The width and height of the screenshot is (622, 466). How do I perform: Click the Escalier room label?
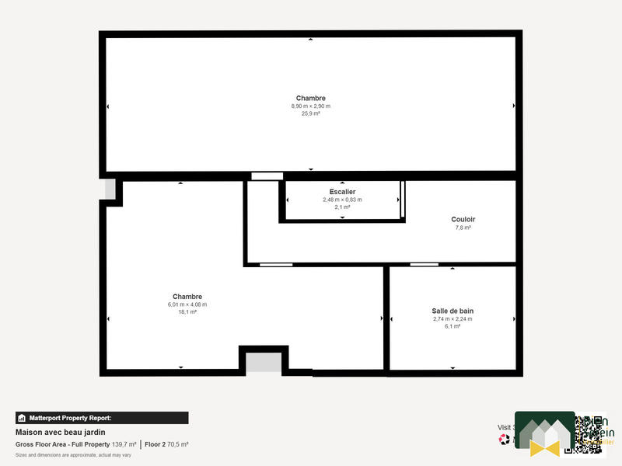pos(342,191)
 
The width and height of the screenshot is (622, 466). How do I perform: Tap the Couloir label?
pos(463,219)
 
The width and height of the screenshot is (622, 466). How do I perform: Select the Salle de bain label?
pos(453,310)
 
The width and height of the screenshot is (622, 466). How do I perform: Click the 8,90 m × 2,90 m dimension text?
pos(311,106)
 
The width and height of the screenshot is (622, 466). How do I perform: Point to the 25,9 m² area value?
pos(311,113)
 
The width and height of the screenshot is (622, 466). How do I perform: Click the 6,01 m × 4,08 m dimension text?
pos(187,304)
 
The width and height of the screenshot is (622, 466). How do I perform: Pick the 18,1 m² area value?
pos(187,312)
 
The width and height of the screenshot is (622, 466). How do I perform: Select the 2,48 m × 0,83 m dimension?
pos(342,200)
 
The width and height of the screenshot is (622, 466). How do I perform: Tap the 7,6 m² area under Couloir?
pos(463,228)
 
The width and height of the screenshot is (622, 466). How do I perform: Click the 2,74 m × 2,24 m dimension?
pos(453,318)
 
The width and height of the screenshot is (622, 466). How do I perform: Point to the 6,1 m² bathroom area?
pos(453,326)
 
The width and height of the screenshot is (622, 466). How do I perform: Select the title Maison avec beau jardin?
pos(61,432)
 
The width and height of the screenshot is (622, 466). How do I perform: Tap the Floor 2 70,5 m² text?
pos(166,444)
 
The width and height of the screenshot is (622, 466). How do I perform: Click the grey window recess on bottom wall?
pos(264,361)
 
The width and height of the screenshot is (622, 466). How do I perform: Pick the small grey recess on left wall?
pos(110,189)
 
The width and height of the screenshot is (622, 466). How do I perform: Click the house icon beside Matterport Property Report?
pos(22,418)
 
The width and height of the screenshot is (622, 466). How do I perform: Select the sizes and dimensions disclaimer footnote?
pos(73,454)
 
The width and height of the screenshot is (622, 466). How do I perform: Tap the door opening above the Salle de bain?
pos(424,265)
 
